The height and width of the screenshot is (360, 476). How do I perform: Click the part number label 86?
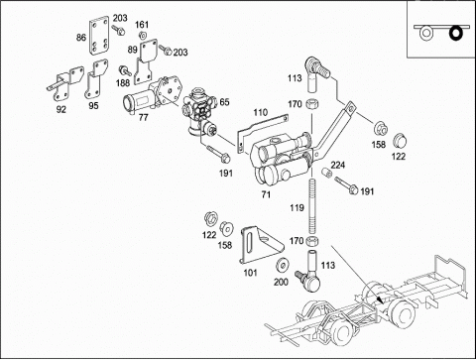[81, 38]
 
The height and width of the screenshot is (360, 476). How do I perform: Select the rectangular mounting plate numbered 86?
[98, 37]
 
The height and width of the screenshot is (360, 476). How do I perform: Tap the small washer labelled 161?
[143, 35]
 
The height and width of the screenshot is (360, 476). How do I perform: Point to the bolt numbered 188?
[125, 70]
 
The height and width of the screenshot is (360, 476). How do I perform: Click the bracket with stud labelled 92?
[65, 84]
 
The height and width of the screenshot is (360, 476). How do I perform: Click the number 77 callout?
[143, 117]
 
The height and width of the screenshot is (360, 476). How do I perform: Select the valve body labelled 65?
[199, 111]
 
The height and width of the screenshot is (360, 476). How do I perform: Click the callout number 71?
[266, 194]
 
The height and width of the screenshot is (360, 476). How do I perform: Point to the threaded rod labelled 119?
[312, 206]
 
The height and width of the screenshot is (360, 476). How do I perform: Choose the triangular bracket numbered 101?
[261, 245]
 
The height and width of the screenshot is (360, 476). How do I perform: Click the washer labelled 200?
[283, 264]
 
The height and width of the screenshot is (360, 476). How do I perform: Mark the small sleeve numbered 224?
[327, 173]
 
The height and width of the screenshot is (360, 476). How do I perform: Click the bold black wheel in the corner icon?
[456, 33]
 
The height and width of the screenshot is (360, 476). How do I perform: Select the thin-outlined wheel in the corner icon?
[425, 33]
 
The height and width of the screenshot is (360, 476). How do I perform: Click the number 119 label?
[297, 207]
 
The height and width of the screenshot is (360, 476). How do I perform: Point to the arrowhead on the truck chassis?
[381, 300]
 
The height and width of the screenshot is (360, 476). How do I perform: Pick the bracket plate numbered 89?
[146, 62]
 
